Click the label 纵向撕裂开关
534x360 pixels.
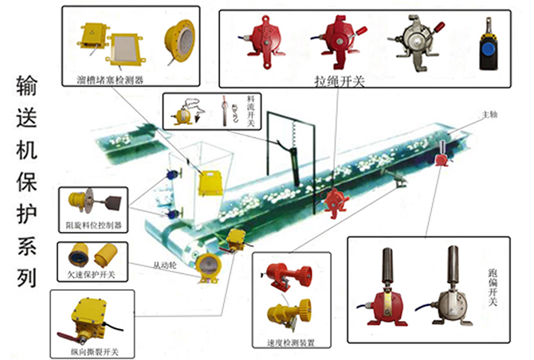tap(96, 350)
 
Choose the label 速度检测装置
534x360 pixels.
tap(291, 343)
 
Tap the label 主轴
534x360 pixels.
tap(488, 115)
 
